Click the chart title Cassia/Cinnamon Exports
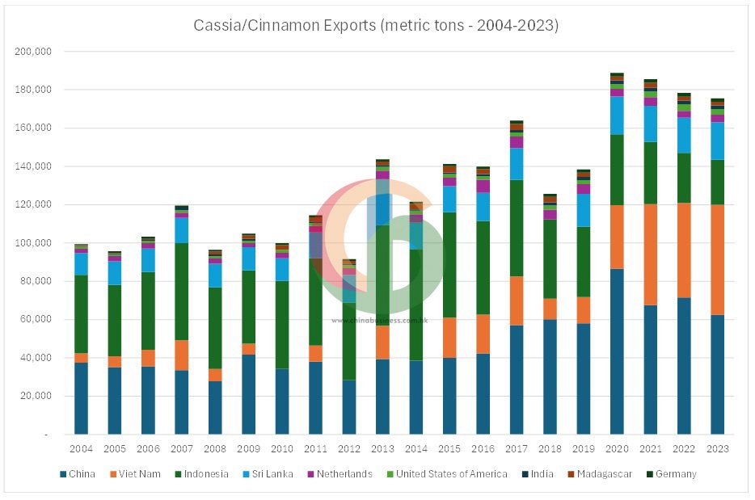click(376, 25)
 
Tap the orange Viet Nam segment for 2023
click(717, 259)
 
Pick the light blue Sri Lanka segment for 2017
click(517, 164)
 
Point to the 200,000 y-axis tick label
click(33, 51)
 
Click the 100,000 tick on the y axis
click(33, 242)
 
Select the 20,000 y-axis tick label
click(36, 396)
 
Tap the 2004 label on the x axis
click(81, 448)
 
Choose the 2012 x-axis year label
click(348, 448)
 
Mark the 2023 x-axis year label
click(717, 448)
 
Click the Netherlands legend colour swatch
click(311, 474)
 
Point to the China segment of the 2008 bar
click(215, 408)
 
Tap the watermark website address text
click(379, 321)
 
